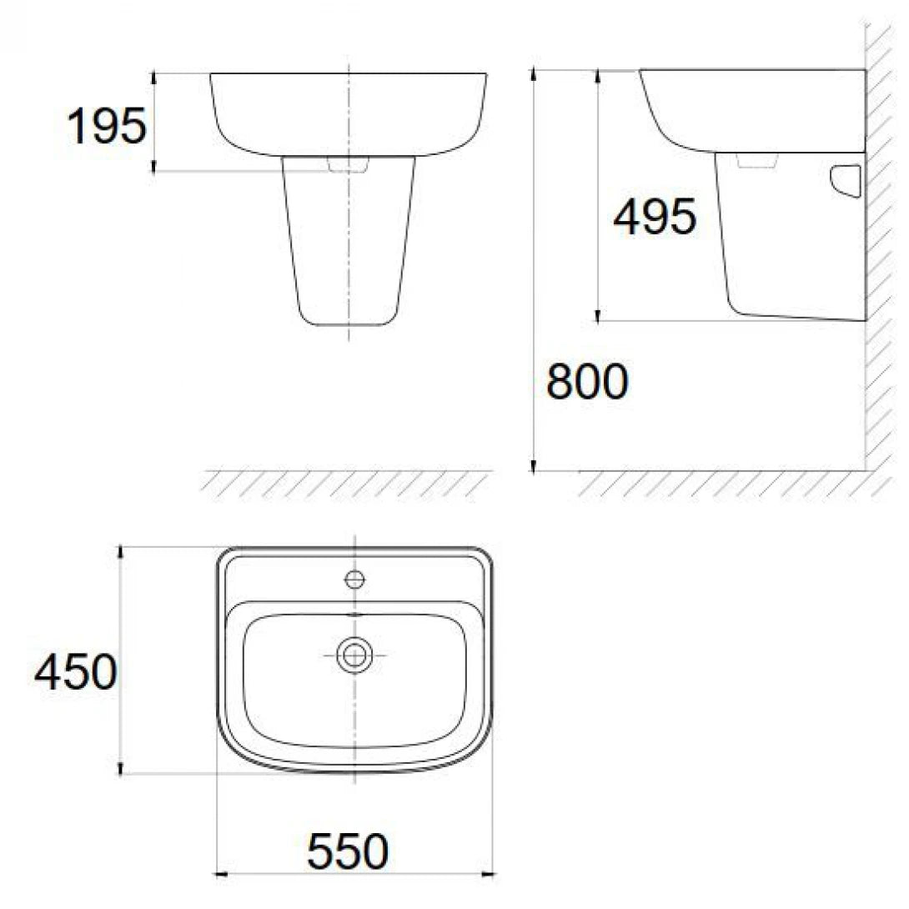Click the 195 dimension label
(x=106, y=127)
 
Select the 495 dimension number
(x=654, y=218)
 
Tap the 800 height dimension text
(x=586, y=383)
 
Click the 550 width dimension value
(x=349, y=851)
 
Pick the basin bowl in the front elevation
(x=349, y=113)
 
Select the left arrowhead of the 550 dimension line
(x=222, y=874)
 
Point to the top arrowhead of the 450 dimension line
(x=123, y=551)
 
